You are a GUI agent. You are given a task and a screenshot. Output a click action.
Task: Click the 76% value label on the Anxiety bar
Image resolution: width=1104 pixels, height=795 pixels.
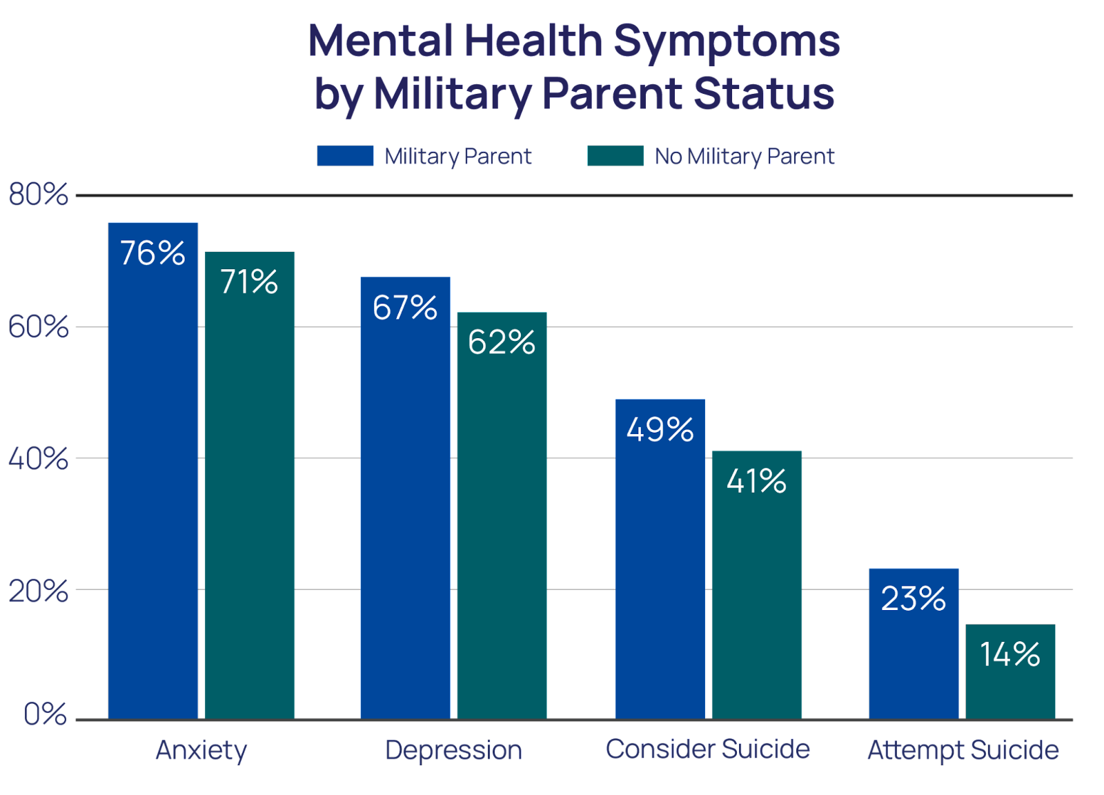[152, 253]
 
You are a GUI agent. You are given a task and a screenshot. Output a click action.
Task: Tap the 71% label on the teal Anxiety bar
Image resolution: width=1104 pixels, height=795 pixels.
[249, 282]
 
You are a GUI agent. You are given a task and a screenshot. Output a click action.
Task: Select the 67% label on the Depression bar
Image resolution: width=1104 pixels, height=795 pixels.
[405, 308]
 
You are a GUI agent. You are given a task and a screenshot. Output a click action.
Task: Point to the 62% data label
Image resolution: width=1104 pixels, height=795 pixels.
[502, 342]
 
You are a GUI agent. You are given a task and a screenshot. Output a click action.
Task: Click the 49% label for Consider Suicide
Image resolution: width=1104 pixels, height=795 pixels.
[660, 430]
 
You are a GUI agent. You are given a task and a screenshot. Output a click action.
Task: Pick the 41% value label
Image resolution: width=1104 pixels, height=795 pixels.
[756, 481]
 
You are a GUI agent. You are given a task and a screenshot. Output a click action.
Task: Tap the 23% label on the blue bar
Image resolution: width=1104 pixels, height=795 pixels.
[913, 599]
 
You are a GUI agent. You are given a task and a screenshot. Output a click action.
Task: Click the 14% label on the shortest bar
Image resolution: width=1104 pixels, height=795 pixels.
[1009, 654]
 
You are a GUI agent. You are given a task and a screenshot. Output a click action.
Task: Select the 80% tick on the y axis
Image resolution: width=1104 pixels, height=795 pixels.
[39, 195]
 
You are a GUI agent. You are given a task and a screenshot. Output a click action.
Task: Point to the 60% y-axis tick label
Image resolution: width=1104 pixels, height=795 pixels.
[39, 327]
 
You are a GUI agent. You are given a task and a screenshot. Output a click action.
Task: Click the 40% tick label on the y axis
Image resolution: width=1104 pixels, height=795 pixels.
[39, 458]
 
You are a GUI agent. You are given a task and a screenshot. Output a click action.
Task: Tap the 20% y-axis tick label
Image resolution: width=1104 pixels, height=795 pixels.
[39, 591]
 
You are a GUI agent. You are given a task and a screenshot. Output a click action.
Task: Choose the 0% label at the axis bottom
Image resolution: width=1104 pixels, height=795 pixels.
[46, 714]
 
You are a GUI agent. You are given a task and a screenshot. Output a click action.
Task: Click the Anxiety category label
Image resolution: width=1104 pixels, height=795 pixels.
[201, 750]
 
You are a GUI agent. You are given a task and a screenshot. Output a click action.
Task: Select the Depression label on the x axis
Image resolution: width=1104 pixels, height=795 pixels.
[453, 750]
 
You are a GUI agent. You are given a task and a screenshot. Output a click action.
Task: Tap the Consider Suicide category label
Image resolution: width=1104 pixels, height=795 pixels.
[707, 749]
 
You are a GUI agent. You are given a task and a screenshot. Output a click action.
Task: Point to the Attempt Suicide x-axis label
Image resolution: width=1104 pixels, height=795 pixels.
[963, 750]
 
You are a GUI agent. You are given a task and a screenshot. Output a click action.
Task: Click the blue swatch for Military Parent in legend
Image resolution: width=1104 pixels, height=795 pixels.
[345, 156]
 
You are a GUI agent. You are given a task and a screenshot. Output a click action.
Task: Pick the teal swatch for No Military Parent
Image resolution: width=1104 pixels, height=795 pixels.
[615, 156]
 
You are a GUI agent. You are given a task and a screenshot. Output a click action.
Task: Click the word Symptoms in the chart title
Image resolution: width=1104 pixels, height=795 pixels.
[726, 41]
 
